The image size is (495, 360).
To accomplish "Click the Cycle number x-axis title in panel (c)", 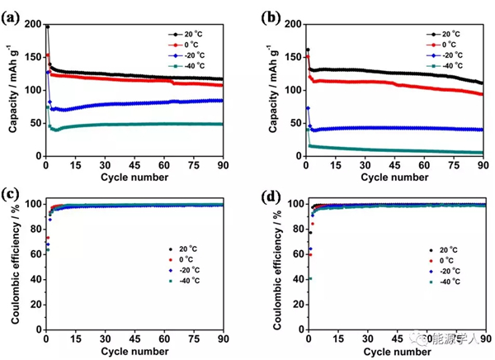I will point(133,353).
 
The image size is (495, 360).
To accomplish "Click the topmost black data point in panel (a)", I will point(47,26).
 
